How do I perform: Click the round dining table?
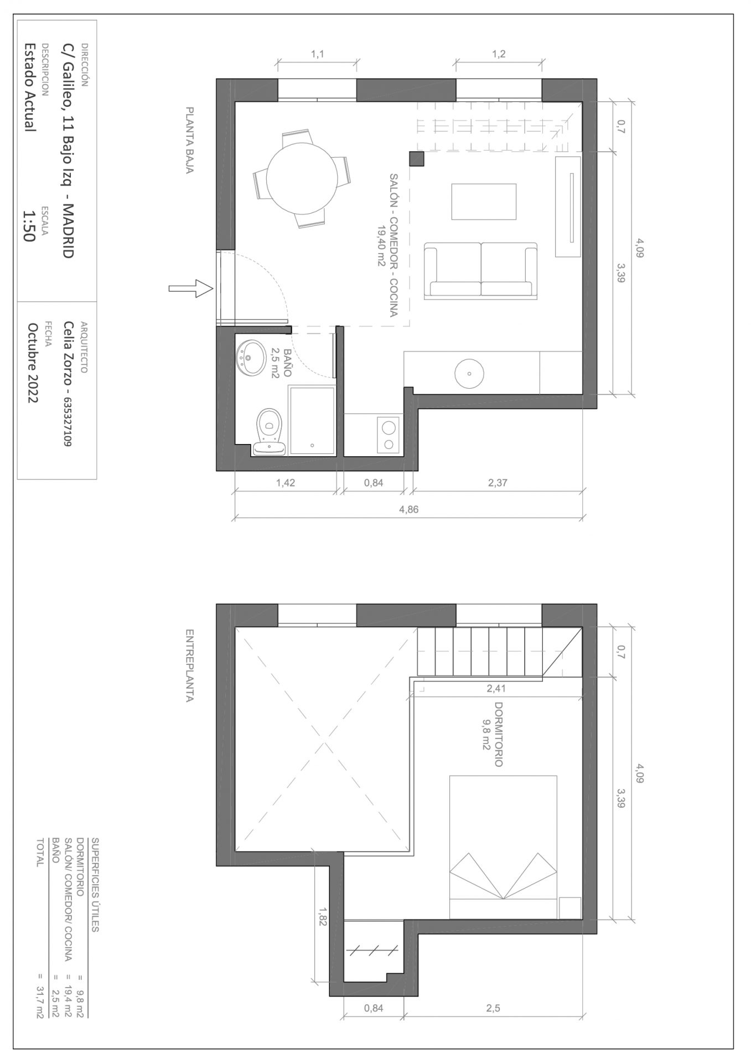(302, 178)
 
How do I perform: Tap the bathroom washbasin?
(251, 357)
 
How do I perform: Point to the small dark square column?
(417, 159)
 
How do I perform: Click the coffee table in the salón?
(484, 202)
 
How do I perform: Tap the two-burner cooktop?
(389, 435)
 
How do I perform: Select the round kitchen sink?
(469, 373)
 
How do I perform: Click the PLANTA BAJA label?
(190, 141)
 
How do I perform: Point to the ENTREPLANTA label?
(190, 665)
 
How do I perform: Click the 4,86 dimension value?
(408, 509)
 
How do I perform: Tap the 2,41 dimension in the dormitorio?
(496, 689)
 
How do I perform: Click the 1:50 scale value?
(29, 226)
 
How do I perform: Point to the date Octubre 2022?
(33, 363)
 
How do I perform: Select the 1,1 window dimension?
(317, 54)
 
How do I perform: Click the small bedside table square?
(569, 908)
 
